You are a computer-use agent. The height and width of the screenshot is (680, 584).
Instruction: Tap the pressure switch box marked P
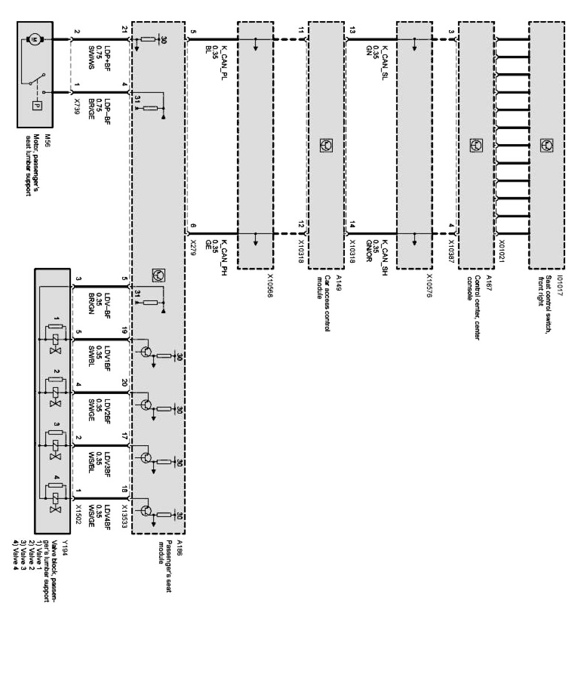tap(36, 105)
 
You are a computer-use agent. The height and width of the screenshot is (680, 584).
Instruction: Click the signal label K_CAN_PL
tap(224, 63)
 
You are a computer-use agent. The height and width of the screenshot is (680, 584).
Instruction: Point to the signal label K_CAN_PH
tap(224, 258)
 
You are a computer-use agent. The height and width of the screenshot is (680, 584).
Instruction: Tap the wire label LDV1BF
tap(107, 356)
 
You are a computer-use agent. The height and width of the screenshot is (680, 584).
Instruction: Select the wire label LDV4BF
tap(107, 515)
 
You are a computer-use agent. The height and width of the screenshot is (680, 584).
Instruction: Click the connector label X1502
tap(78, 515)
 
